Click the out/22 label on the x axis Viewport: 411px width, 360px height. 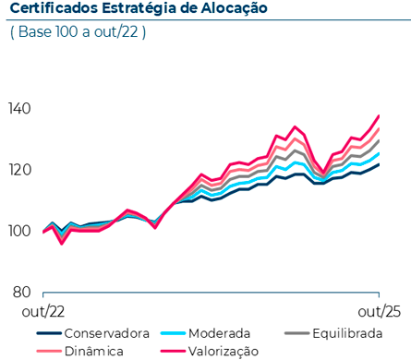point(43,312)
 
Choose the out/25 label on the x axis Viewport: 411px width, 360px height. point(379,312)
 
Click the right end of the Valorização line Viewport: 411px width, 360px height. point(379,116)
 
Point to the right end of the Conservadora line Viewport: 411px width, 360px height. point(379,164)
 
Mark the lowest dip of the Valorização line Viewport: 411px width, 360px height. point(62,243)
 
